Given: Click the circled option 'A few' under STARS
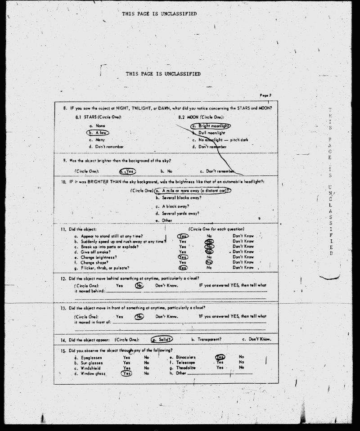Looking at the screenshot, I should [x=98, y=133].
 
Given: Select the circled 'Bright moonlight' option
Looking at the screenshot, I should [x=210, y=126].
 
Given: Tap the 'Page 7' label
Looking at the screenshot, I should [x=265, y=95].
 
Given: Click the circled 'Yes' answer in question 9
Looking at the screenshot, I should [x=127, y=171].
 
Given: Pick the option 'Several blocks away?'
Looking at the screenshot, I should [x=178, y=198].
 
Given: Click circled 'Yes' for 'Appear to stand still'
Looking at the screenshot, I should [x=183, y=236].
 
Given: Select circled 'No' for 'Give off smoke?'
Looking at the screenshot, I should [x=209, y=252].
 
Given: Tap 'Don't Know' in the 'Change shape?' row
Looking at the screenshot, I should [x=243, y=262].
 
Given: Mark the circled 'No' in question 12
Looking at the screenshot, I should [x=139, y=285].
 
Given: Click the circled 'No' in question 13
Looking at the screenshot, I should [x=139, y=316].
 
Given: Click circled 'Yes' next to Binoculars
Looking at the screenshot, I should [x=220, y=357].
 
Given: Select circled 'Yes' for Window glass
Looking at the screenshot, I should [x=127, y=373].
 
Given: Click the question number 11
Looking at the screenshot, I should [x=63, y=230].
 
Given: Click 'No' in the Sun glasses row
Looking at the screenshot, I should [x=147, y=363].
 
